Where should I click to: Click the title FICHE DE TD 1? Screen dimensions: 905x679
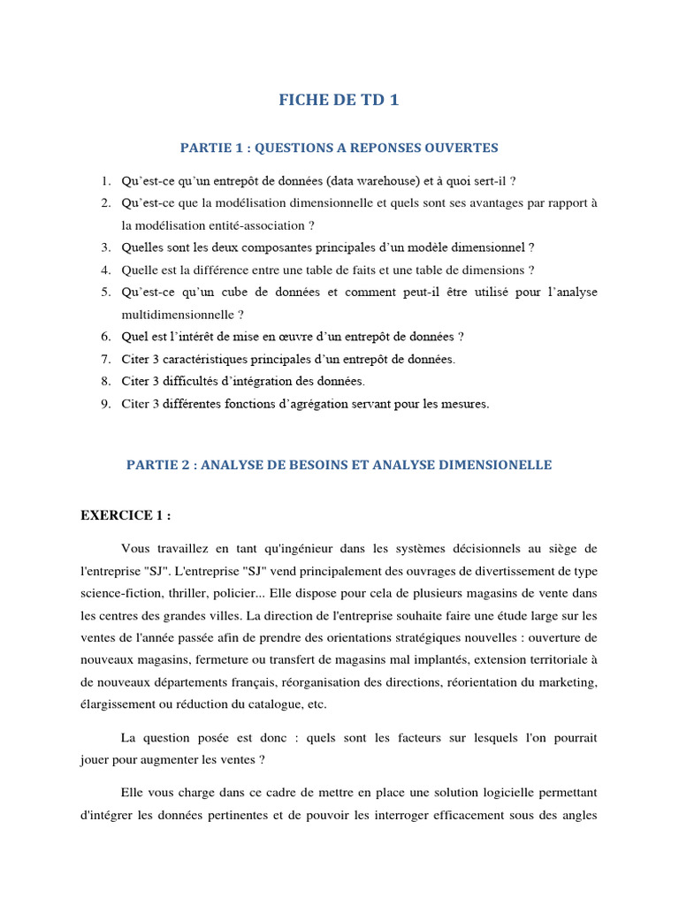click(x=339, y=100)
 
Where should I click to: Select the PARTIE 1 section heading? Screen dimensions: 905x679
click(x=339, y=148)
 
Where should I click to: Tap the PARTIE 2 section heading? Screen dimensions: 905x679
click(x=339, y=465)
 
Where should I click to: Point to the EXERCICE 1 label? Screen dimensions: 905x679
click(x=126, y=516)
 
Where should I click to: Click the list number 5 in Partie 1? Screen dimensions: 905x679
click(x=104, y=293)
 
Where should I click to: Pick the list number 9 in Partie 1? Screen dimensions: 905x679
click(x=104, y=404)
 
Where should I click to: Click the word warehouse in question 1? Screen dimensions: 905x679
click(x=387, y=181)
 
